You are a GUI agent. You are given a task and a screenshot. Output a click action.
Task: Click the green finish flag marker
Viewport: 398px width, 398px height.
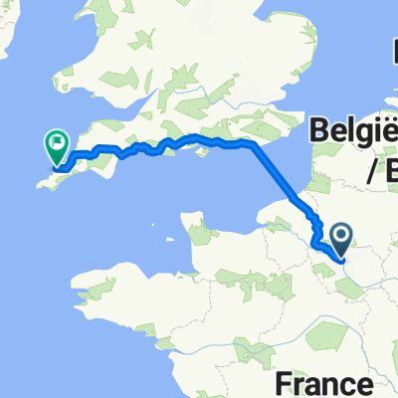click(x=56, y=147)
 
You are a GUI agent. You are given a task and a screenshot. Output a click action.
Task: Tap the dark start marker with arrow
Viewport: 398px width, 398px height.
click(x=341, y=238)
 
